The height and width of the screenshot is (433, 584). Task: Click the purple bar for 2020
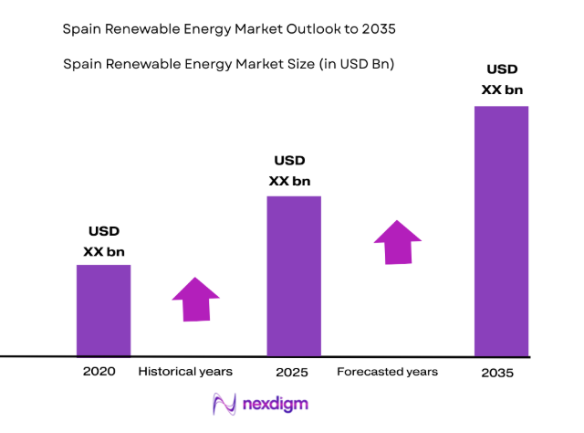[103, 310]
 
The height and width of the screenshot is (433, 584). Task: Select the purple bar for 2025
[294, 275]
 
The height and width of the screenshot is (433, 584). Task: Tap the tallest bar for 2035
[501, 230]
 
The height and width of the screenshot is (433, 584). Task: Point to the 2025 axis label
[292, 373]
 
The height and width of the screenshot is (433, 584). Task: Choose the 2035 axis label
[498, 373]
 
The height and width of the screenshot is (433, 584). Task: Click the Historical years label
[185, 372]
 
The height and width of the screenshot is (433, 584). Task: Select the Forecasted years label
[387, 372]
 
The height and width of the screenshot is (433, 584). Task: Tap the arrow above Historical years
[195, 299]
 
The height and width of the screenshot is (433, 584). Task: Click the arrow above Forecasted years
[397, 242]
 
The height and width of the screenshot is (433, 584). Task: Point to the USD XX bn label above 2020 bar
[104, 241]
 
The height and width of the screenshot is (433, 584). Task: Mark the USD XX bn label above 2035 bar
[501, 79]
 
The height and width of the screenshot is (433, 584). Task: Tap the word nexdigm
[273, 404]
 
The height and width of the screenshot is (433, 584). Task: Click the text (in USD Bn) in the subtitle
[354, 64]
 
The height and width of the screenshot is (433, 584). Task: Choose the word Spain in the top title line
[82, 29]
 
